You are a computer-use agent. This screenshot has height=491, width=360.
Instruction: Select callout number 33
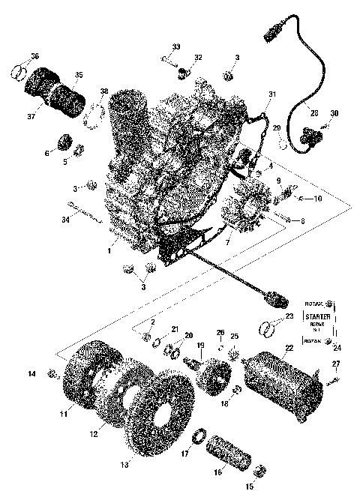pyautogui.click(x=175, y=47)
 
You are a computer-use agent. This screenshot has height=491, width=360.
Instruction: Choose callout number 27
pyautogui.click(x=336, y=364)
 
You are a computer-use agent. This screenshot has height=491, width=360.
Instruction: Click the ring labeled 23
pyautogui.click(x=267, y=327)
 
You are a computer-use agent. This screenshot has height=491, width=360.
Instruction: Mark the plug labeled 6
pyautogui.click(x=63, y=142)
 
